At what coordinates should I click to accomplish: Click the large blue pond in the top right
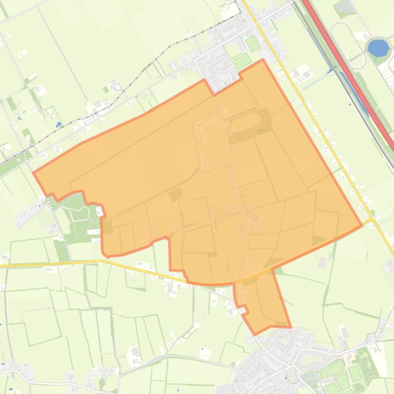coord(378,48)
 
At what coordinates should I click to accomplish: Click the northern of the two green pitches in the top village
coord(253,43)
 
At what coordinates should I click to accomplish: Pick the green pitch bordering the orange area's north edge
coord(242,62)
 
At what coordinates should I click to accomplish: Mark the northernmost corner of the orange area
coord(262,59)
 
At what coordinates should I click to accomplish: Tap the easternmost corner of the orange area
coord(362,225)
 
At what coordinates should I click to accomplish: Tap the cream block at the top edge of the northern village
coord(230,9)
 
